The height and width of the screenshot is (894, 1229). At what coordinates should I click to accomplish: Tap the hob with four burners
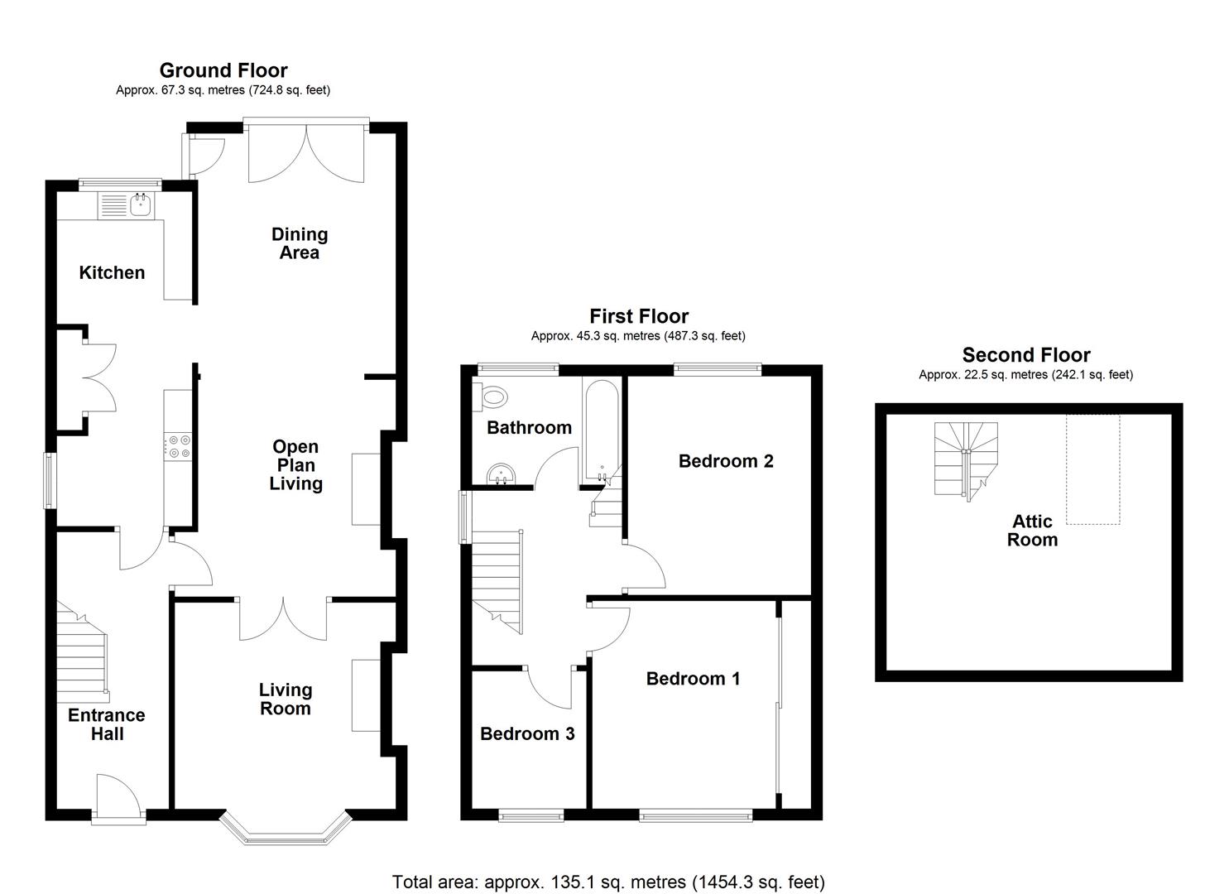pyautogui.click(x=179, y=446)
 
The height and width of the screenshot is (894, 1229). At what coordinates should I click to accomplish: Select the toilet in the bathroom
pyautogui.click(x=493, y=397)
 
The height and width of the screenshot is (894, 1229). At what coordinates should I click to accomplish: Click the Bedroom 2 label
pyautogui.click(x=726, y=461)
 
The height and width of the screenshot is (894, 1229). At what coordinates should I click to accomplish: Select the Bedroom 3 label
pyautogui.click(x=527, y=733)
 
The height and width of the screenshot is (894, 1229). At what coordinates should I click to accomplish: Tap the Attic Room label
pyautogui.click(x=1032, y=531)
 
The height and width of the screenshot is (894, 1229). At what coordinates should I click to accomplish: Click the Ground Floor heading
pyautogui.click(x=223, y=70)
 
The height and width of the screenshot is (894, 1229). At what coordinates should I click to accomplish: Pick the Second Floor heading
pyautogui.click(x=1025, y=355)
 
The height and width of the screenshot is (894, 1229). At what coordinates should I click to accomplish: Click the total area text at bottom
pyautogui.click(x=608, y=882)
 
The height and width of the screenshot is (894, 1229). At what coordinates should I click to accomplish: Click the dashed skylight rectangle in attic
pyautogui.click(x=1092, y=469)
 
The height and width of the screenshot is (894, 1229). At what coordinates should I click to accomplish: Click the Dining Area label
pyautogui.click(x=300, y=243)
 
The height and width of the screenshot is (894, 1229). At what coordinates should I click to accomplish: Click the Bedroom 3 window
pyautogui.click(x=531, y=816)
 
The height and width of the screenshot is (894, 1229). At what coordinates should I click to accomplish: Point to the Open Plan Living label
pyautogui.click(x=295, y=465)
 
